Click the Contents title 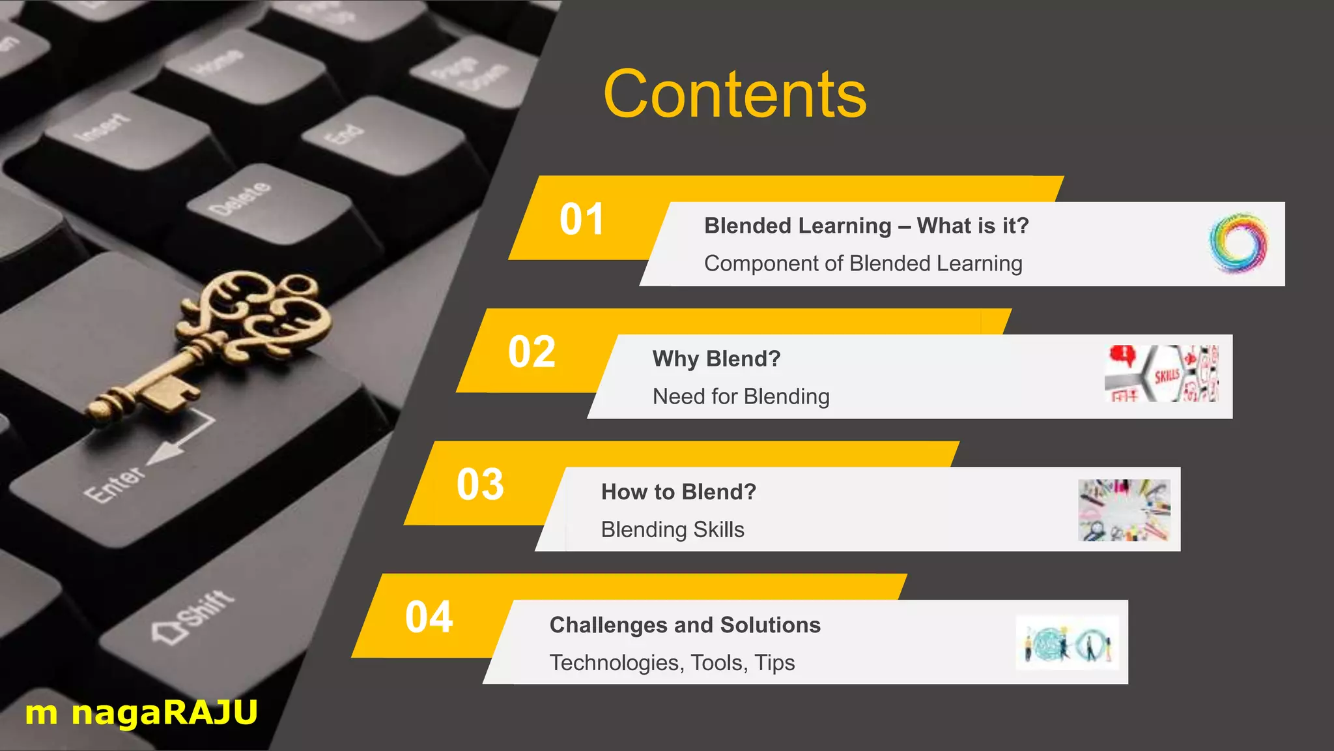[735, 95]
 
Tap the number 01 [582, 220]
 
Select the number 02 [531, 353]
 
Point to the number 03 [480, 485]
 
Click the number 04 [429, 617]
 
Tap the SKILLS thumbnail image [1161, 374]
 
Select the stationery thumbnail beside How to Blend [1124, 510]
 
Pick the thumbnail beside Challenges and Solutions [1067, 643]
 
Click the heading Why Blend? [716, 359]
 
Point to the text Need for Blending [741, 397]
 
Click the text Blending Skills [672, 530]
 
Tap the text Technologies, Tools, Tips [672, 663]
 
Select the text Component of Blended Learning [862, 264]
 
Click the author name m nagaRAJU [141, 713]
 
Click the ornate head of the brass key [261, 313]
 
